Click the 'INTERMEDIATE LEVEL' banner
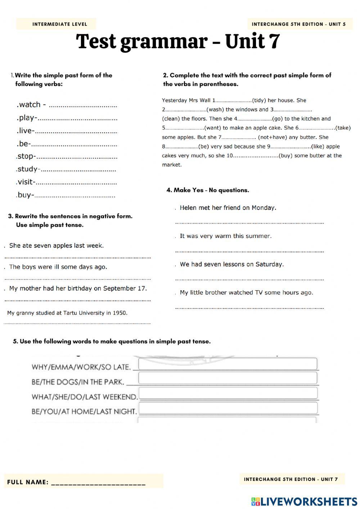tap(60, 24)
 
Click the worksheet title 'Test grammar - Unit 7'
tap(178, 41)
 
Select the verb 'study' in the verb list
tap(27, 169)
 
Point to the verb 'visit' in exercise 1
tap(26, 182)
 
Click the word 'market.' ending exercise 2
tap(172, 165)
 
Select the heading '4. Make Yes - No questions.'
tap(208, 190)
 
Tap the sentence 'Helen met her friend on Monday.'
tap(228, 208)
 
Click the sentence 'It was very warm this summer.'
tap(226, 236)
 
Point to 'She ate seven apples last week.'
tap(57, 246)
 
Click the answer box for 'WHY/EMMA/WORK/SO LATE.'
tap(228, 364)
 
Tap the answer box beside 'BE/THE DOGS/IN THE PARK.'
tap(228, 378)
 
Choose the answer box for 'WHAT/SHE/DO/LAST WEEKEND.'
tap(228, 393)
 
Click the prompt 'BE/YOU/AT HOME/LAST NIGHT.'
tap(84, 411)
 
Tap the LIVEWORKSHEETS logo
tap(304, 501)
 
